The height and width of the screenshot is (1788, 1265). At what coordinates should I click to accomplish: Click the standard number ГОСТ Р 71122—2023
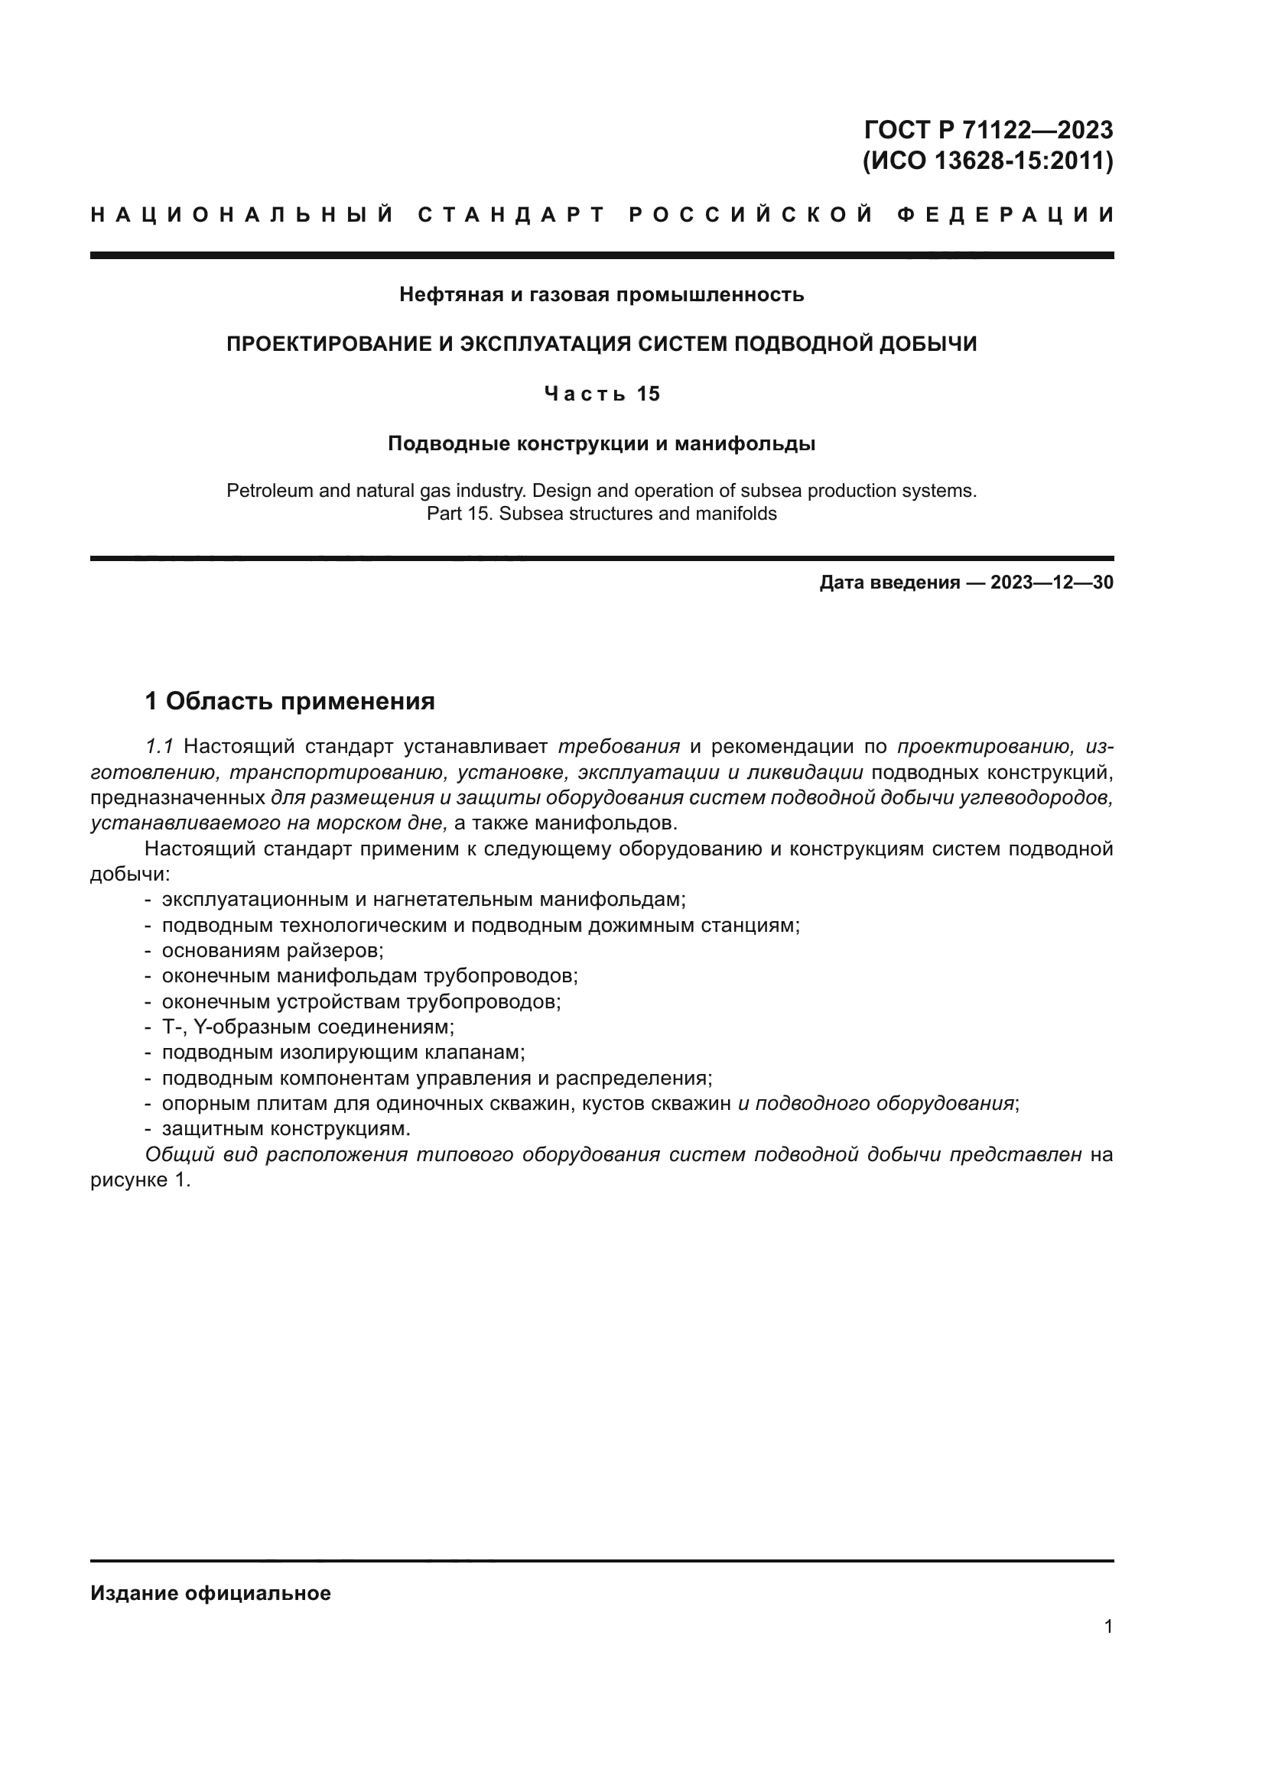(x=988, y=129)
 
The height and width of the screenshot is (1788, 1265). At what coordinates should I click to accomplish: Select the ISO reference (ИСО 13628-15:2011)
(x=987, y=161)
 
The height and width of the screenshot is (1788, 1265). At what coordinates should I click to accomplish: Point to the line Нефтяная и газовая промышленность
(x=601, y=295)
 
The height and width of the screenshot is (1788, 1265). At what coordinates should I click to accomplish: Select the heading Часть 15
(x=601, y=394)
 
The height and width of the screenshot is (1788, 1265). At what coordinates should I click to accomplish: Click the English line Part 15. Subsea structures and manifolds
(x=601, y=514)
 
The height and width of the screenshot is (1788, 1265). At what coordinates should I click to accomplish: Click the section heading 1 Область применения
(x=290, y=702)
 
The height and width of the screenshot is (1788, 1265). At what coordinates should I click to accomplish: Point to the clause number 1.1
(x=159, y=747)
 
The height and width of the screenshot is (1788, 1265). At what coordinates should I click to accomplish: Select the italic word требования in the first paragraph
(x=619, y=747)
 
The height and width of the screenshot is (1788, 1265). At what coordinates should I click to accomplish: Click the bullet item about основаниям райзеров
(x=272, y=951)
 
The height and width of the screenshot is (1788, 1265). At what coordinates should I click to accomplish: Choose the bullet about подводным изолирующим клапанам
(x=343, y=1053)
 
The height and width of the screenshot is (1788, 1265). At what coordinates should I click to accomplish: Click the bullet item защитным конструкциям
(x=286, y=1129)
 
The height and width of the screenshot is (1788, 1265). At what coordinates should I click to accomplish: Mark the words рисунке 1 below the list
(x=138, y=1180)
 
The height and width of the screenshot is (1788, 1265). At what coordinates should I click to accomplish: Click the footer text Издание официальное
(x=210, y=1593)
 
